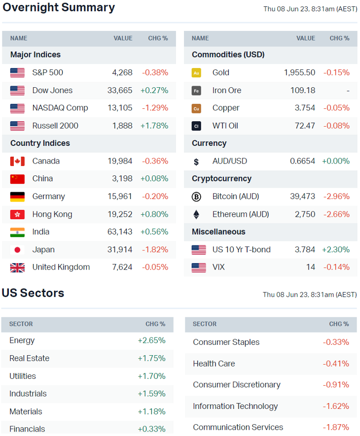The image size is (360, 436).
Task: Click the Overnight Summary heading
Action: click(58, 8)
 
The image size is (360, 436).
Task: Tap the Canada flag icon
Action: click(17, 161)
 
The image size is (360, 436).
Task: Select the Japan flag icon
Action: click(17, 250)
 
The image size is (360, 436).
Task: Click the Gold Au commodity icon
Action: click(196, 73)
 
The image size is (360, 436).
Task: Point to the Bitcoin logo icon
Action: click(196, 197)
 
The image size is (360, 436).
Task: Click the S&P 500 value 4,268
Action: click(122, 72)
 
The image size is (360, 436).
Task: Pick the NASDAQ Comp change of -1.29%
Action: click(155, 108)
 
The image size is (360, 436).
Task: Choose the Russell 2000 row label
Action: click(55, 126)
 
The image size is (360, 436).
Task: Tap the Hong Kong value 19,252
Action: click(120, 214)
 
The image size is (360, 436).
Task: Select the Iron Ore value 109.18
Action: click(303, 90)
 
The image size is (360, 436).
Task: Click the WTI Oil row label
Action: click(225, 126)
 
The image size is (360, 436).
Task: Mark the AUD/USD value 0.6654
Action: click(302, 161)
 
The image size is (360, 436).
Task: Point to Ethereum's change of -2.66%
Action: click(336, 214)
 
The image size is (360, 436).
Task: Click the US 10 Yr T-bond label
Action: click(241, 250)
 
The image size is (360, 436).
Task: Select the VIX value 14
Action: click(310, 268)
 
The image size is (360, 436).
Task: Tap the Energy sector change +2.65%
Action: click(151, 340)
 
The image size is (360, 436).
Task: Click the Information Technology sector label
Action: click(235, 406)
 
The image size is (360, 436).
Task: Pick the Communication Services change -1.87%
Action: click(336, 428)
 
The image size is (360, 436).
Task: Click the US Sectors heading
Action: click(33, 293)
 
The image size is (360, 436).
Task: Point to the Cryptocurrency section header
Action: click(221, 179)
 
